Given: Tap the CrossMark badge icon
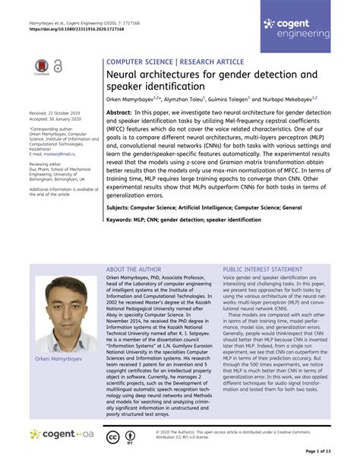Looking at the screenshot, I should pyautogui.click(x=41, y=68).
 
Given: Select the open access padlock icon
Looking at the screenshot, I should pyautogui.click(x=58, y=67).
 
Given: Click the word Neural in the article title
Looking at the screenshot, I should pyautogui.click(x=124, y=76).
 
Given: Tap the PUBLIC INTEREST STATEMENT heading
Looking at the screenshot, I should pyautogui.click(x=263, y=270).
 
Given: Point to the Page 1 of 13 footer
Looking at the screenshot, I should pyautogui.click(x=318, y=451).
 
